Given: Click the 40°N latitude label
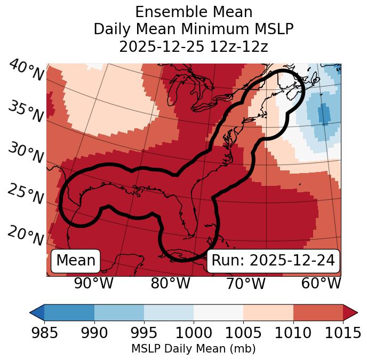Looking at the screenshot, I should [x=26, y=70].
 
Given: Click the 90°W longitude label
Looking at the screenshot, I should [x=93, y=284].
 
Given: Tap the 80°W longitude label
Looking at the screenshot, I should [x=170, y=284].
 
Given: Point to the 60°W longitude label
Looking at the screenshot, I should [x=321, y=284].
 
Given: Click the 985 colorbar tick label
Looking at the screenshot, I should [x=44, y=333].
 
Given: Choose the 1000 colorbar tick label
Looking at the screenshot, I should [x=194, y=333].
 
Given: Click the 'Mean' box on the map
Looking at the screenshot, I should [x=76, y=261].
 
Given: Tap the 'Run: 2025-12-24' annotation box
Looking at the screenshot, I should [x=273, y=261].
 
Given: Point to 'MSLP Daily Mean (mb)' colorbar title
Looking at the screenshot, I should [x=193, y=349].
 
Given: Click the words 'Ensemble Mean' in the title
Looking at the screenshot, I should [x=193, y=12].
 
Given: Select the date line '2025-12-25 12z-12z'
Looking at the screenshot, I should [x=193, y=46].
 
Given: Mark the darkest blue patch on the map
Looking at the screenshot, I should [x=324, y=114].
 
